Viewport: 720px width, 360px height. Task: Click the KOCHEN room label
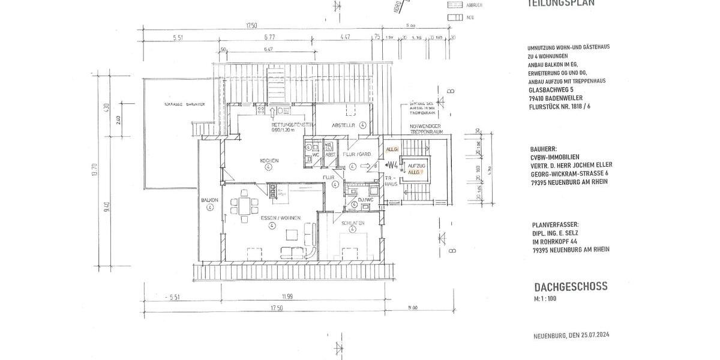click(x=268, y=161)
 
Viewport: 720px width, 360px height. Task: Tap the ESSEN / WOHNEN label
click(x=272, y=218)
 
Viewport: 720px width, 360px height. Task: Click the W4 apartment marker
click(x=394, y=164)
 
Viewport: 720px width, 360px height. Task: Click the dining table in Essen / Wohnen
click(x=245, y=206)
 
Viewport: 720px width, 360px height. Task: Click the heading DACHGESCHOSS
click(x=571, y=287)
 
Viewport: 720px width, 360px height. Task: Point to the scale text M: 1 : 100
click(x=546, y=298)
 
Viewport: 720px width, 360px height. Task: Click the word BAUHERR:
click(x=544, y=148)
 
